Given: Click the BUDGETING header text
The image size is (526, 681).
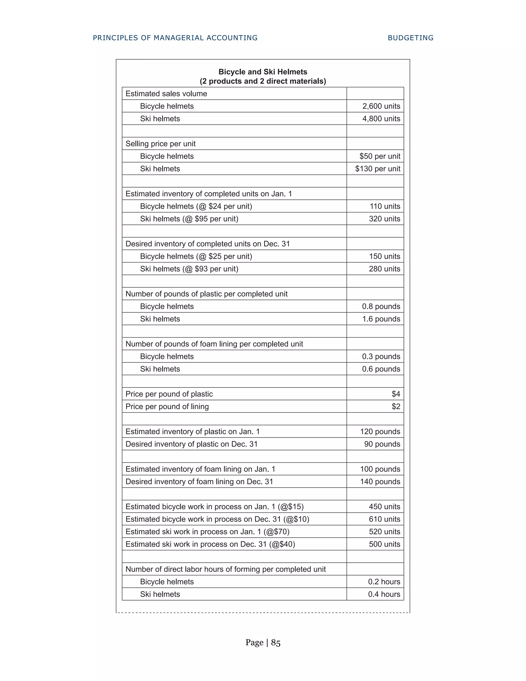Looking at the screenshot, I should click(410, 38).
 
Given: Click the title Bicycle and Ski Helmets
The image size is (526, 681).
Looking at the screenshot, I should click(263, 72).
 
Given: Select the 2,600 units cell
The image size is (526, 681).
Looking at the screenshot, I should click(381, 106).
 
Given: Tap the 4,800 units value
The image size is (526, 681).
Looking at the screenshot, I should click(381, 118).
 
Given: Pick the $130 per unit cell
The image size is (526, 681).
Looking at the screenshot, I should click(377, 169).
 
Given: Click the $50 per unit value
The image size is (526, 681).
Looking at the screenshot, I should click(380, 156).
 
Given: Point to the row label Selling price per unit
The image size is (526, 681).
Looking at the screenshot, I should click(161, 144).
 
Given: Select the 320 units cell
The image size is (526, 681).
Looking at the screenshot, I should click(384, 219).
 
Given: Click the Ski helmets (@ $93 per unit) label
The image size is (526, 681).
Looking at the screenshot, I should click(189, 269).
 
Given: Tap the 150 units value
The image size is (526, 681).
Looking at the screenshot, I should click(384, 256).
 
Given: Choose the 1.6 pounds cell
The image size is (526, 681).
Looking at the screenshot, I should click(381, 319).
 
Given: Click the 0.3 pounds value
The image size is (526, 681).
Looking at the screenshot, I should click(381, 356).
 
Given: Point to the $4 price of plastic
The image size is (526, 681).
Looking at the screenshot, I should click(396, 394).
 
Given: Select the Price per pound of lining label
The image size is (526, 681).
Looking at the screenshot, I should click(167, 406).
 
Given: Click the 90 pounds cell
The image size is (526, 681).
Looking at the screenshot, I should click(382, 444).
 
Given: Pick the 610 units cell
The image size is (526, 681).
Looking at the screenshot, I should click(384, 519).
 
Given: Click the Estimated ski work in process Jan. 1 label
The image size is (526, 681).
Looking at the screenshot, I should click(207, 532).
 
